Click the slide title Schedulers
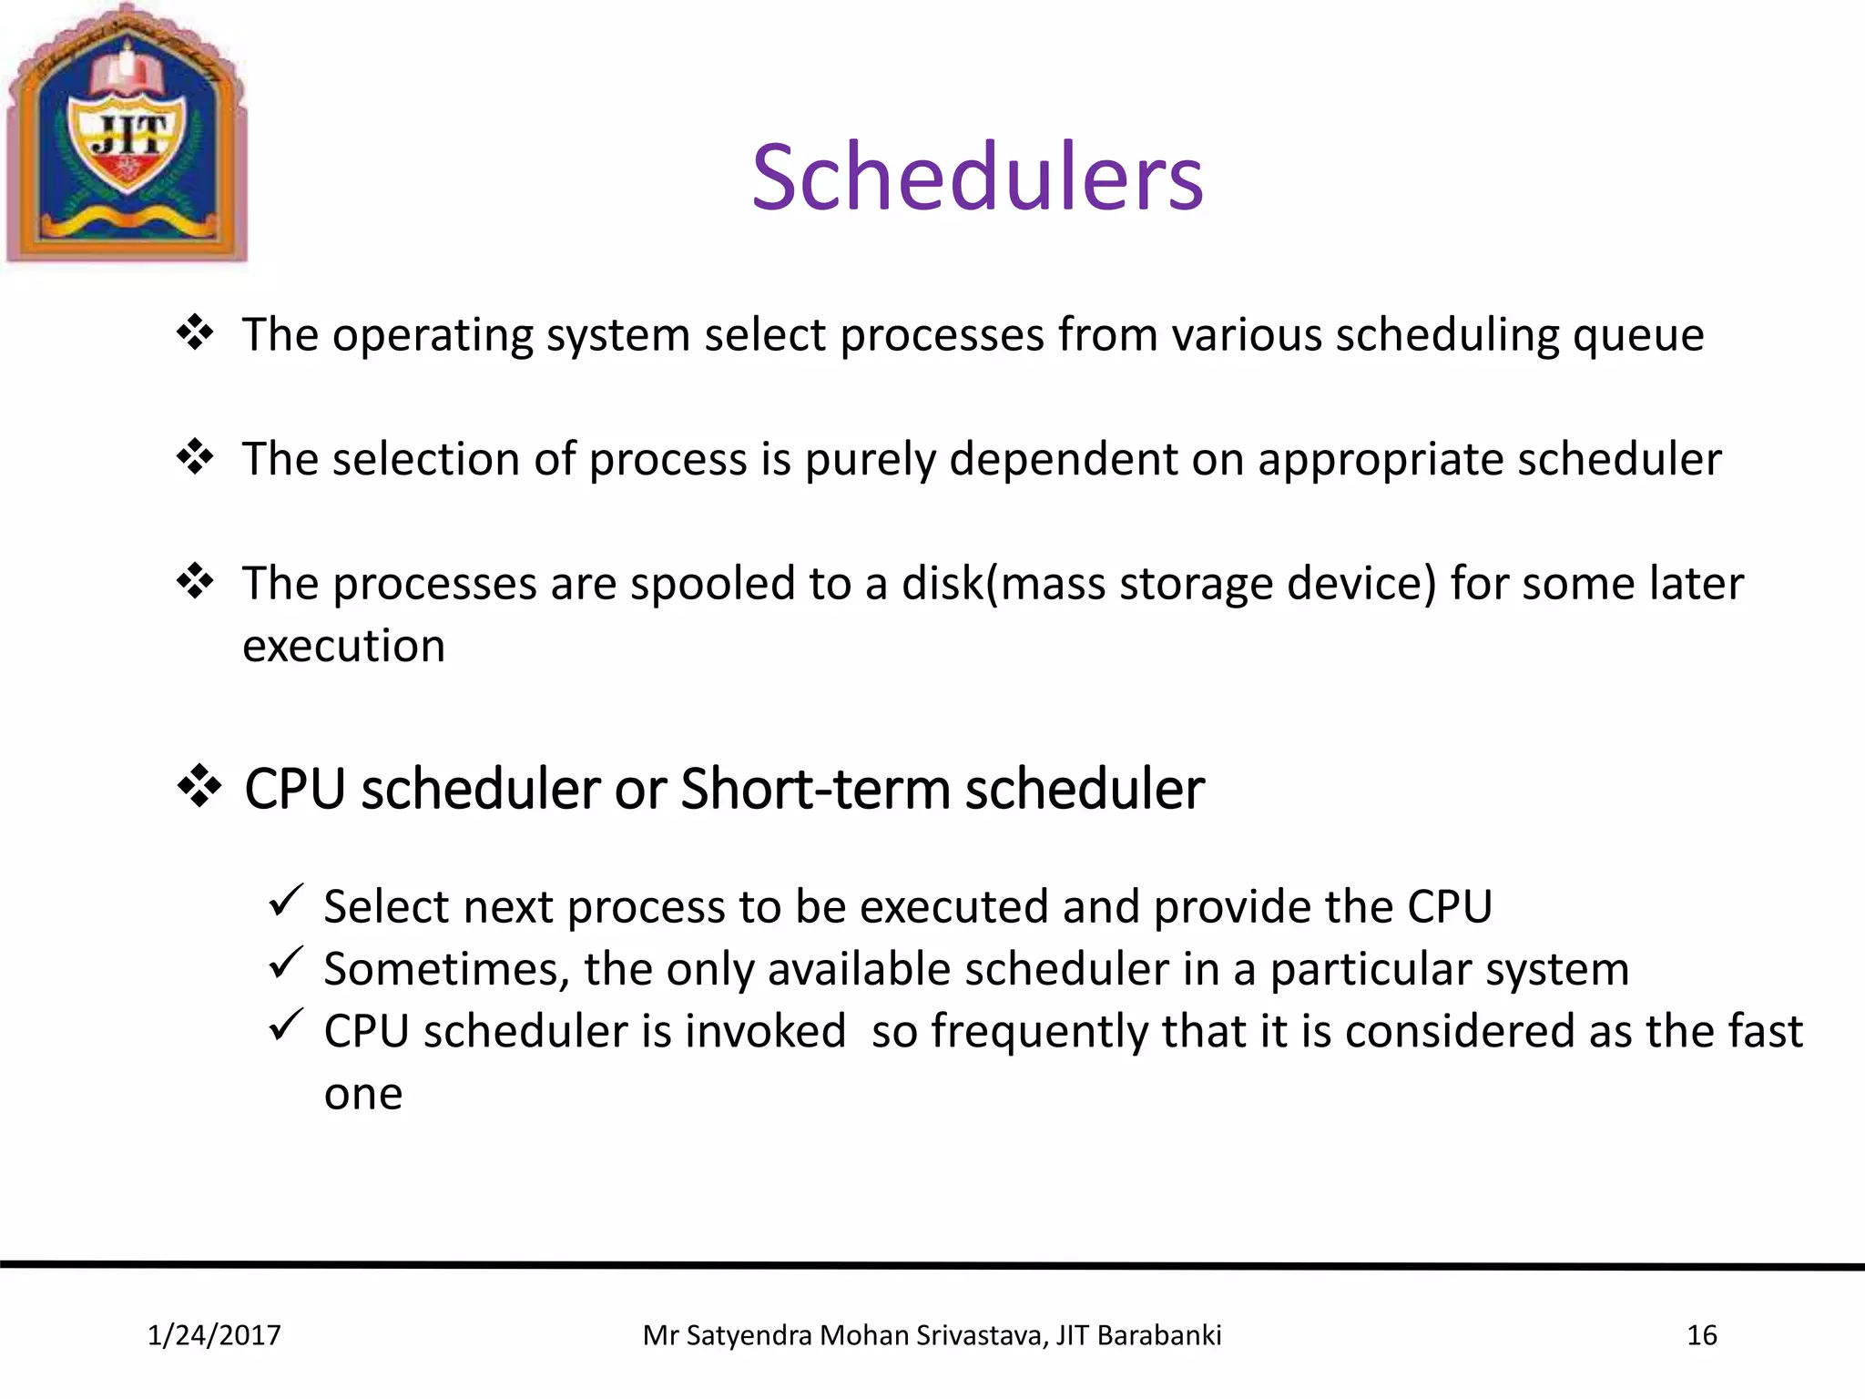point(977,178)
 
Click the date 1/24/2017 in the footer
point(214,1335)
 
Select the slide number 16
point(1701,1335)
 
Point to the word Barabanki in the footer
point(1158,1335)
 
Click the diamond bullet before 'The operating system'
point(195,332)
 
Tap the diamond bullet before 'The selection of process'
point(195,456)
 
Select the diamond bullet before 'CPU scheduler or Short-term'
point(199,786)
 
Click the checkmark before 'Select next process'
point(286,901)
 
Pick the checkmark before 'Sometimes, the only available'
point(286,963)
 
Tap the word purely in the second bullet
point(870,461)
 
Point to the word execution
point(343,647)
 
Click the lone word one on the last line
point(362,1095)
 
